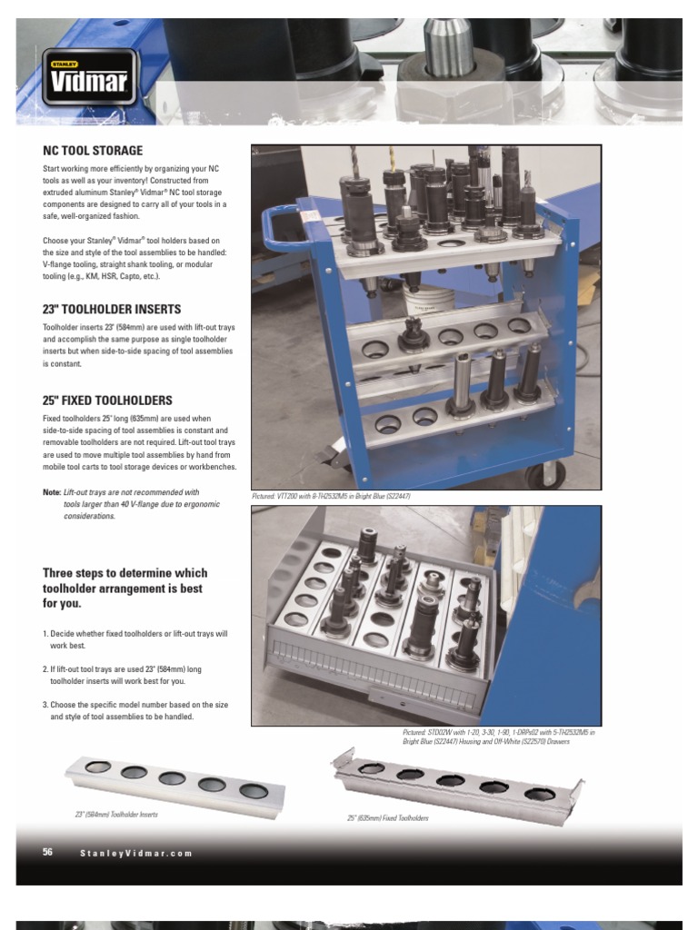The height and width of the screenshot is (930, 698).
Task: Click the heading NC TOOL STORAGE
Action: [93, 150]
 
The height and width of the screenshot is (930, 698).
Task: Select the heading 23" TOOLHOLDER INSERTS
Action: [112, 309]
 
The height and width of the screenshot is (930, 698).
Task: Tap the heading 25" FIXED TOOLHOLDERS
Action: [107, 401]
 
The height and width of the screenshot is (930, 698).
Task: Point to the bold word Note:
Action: [52, 492]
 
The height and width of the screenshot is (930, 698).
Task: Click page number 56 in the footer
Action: [48, 853]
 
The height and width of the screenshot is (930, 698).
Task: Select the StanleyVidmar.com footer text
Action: [136, 854]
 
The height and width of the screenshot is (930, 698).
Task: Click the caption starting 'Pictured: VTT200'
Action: [331, 497]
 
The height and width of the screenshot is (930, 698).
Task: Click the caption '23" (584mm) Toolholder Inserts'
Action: [116, 815]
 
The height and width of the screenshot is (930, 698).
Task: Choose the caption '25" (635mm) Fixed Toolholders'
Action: [388, 818]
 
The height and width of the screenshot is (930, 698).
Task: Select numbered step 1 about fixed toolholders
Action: [135, 638]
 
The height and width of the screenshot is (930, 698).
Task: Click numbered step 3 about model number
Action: [135, 710]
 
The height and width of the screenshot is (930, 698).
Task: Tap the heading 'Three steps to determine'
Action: [125, 588]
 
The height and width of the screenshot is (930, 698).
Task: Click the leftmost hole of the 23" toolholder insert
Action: [97, 767]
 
